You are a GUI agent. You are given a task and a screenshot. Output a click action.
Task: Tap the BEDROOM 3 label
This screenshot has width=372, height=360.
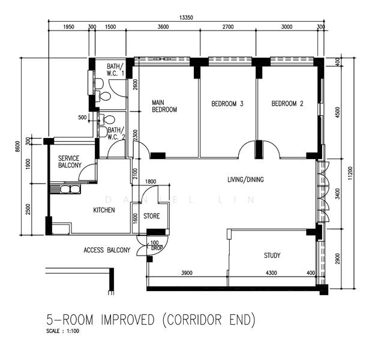coord(227,104)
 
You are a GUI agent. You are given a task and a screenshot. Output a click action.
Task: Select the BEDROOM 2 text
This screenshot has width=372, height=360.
coord(287,104)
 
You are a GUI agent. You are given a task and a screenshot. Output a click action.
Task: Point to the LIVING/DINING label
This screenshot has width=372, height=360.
coord(245,179)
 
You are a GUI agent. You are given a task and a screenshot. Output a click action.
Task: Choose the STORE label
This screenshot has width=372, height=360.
coord(151,216)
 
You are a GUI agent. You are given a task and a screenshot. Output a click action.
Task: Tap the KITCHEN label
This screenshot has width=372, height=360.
coord(103,211)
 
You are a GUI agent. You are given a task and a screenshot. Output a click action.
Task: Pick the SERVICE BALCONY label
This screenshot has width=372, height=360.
coord(70,161)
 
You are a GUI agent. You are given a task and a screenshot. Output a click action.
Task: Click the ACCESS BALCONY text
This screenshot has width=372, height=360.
coord(106,250)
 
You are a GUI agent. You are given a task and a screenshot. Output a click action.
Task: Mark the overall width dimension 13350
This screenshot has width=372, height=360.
coord(186,18)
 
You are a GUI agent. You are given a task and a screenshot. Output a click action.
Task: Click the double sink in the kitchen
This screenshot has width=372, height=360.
coord(70,190)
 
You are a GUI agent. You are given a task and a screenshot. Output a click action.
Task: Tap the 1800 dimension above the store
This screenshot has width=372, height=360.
coord(150,182)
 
